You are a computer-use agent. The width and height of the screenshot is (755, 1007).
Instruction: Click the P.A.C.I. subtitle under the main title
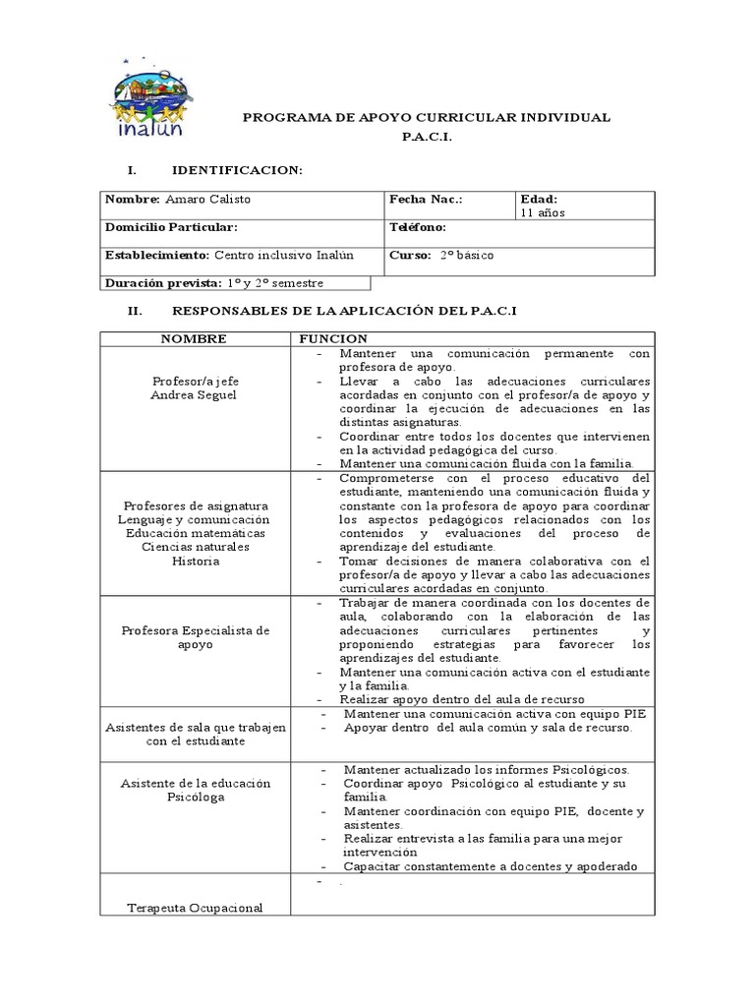427,139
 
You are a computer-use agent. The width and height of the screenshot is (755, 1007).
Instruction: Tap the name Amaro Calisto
207,200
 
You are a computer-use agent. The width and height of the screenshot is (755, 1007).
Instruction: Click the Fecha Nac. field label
426,200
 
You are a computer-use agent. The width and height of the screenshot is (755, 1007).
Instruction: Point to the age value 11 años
542,212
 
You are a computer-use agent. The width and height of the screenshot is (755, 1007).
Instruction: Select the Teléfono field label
418,227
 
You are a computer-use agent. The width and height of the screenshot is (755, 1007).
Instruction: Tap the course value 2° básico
467,255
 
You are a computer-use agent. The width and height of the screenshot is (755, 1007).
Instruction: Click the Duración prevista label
162,283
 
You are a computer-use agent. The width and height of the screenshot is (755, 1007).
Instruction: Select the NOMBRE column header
194,338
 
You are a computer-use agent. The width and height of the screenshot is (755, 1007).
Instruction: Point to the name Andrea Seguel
195,394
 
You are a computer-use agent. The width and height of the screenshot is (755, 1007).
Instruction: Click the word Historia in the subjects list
195,561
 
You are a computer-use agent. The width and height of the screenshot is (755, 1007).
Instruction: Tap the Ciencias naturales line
195,547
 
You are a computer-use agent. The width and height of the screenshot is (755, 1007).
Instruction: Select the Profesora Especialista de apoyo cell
195,637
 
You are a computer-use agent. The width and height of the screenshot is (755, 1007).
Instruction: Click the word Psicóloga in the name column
195,797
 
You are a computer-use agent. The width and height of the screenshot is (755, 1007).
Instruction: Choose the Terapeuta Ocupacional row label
195,908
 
